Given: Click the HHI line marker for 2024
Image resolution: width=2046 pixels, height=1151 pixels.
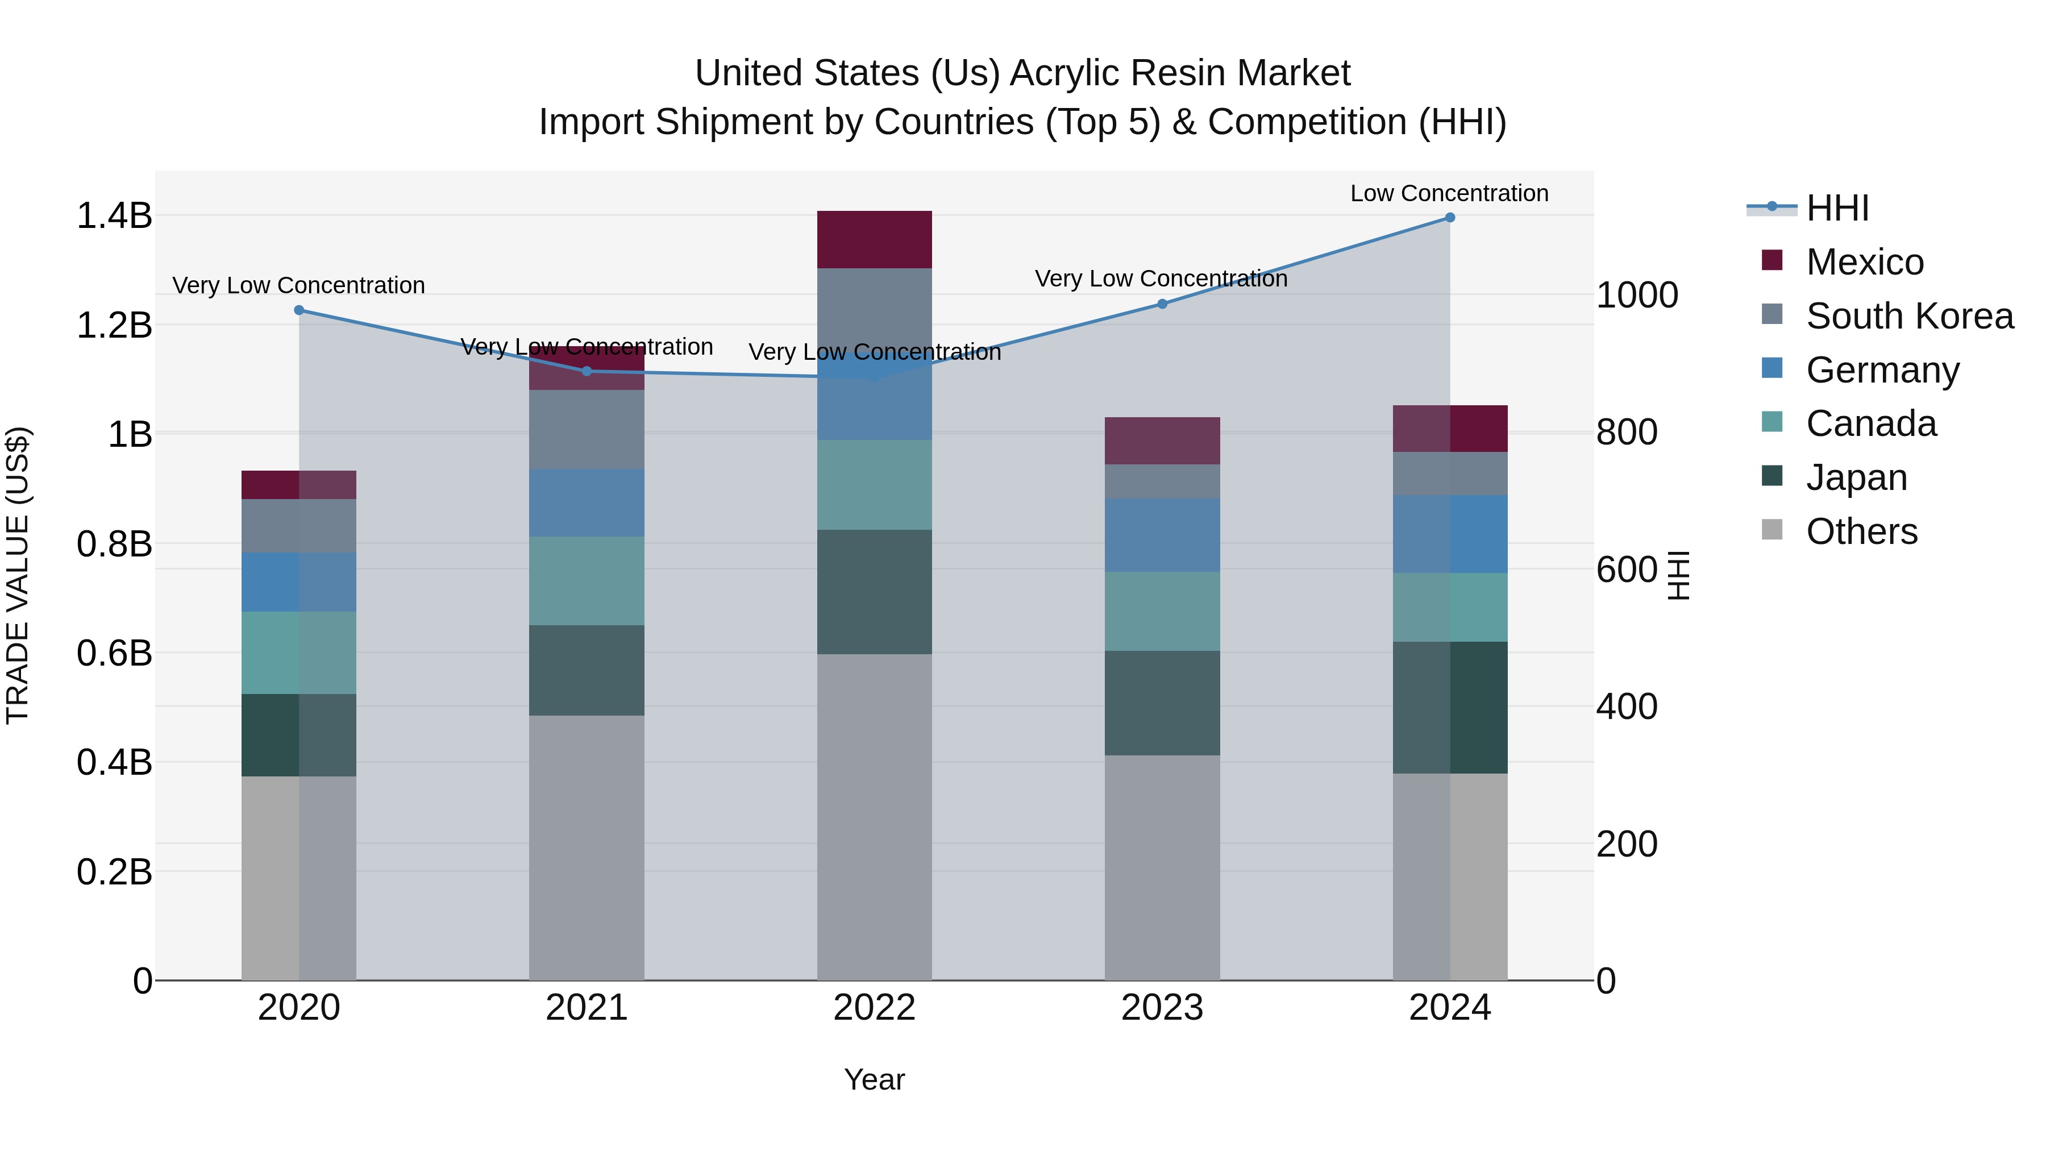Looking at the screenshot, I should pos(1449,218).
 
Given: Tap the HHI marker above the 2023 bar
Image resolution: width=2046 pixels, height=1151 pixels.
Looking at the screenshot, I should pos(1162,304).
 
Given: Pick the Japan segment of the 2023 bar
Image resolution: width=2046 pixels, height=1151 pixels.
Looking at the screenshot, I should pos(1162,703).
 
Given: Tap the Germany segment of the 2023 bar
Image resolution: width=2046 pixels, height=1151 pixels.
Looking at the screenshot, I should pos(1162,535).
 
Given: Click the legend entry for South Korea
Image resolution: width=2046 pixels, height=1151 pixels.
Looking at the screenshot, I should pos(1910,316).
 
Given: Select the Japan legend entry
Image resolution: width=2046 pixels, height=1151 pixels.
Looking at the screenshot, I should pos(1856,477).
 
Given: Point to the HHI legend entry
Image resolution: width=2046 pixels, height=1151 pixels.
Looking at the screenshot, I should pos(1837,208).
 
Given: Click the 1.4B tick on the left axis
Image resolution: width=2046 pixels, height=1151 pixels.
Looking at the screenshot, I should pos(114,216).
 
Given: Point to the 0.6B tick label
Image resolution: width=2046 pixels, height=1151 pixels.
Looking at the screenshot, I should pos(114,654).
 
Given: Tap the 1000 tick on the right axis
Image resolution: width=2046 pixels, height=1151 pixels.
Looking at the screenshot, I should pos(1637,296).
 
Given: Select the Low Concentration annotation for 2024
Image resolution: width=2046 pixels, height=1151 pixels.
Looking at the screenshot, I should pos(1449,193).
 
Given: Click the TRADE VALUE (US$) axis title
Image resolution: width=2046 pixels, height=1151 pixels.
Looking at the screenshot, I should pos(18,575).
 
